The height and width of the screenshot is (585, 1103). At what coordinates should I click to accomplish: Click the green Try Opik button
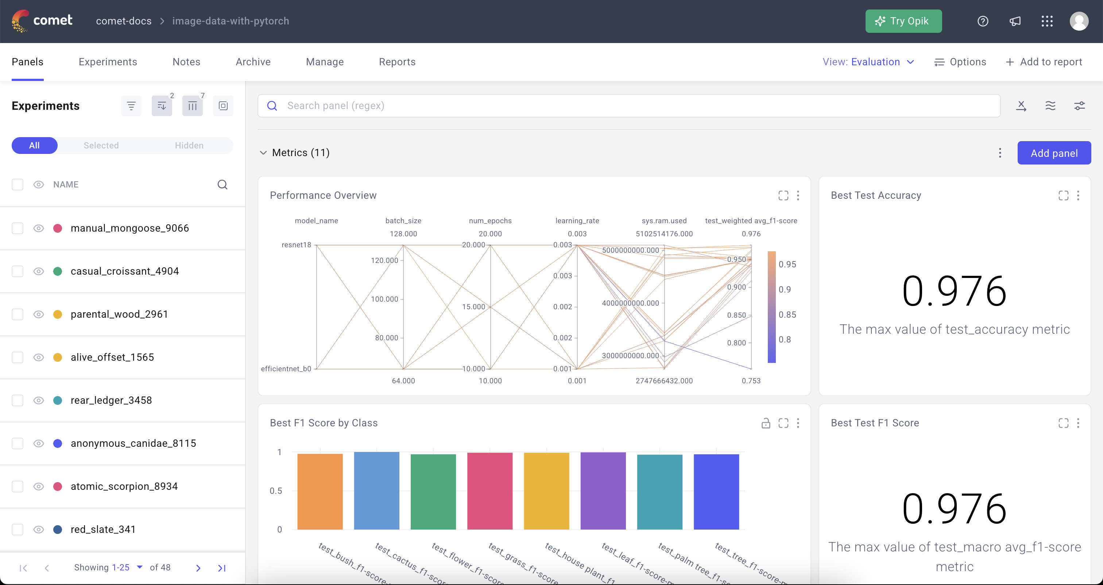point(903,21)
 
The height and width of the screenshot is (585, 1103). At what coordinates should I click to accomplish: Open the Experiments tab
point(108,62)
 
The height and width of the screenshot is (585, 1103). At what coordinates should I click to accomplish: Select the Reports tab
point(397,62)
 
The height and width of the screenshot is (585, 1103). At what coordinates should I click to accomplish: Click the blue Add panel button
point(1054,153)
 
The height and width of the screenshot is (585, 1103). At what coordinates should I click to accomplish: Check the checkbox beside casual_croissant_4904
point(18,271)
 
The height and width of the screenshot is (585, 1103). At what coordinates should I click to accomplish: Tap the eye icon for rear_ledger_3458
point(39,400)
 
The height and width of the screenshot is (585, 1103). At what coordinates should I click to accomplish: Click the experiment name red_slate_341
point(103,529)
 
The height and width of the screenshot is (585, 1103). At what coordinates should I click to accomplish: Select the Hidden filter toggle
point(189,145)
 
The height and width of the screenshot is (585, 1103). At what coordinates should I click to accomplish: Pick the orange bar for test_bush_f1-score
point(320,491)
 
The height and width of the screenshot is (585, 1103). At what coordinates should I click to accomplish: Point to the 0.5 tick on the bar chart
point(276,491)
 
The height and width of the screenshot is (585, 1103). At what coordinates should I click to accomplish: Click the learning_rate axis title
point(577,221)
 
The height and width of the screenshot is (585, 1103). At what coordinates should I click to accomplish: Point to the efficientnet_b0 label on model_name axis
point(286,369)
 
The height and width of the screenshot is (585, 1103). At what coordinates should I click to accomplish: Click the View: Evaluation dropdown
point(868,62)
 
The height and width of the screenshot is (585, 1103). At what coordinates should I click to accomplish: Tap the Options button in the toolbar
point(960,62)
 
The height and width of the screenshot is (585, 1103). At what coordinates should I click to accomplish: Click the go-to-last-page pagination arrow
point(221,568)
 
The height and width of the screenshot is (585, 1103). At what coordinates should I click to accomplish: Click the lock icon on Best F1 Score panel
point(766,423)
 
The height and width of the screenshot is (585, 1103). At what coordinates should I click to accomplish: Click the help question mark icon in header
point(983,21)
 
